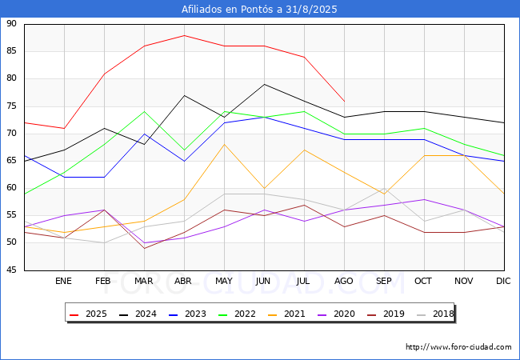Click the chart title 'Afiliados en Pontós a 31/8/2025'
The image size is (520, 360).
259,10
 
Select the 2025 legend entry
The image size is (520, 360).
88,314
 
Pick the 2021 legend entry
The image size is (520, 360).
286,314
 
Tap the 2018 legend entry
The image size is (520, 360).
435,314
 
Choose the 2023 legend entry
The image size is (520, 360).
187,314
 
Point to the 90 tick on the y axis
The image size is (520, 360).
11,23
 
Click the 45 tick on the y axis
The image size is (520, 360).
11,270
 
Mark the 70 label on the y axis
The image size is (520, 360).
11,134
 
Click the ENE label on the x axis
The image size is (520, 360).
63,281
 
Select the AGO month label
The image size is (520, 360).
343,281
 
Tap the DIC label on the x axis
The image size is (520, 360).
503,281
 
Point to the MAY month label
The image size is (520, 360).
224,281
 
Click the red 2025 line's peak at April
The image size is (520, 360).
184,35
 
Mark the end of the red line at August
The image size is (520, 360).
345,101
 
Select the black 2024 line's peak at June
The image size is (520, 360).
264,84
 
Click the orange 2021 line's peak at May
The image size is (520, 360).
225,144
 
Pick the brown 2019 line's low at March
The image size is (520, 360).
144,248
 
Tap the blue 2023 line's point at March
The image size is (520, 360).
144,134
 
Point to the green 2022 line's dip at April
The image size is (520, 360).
184,150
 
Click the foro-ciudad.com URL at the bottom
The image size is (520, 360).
458,346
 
